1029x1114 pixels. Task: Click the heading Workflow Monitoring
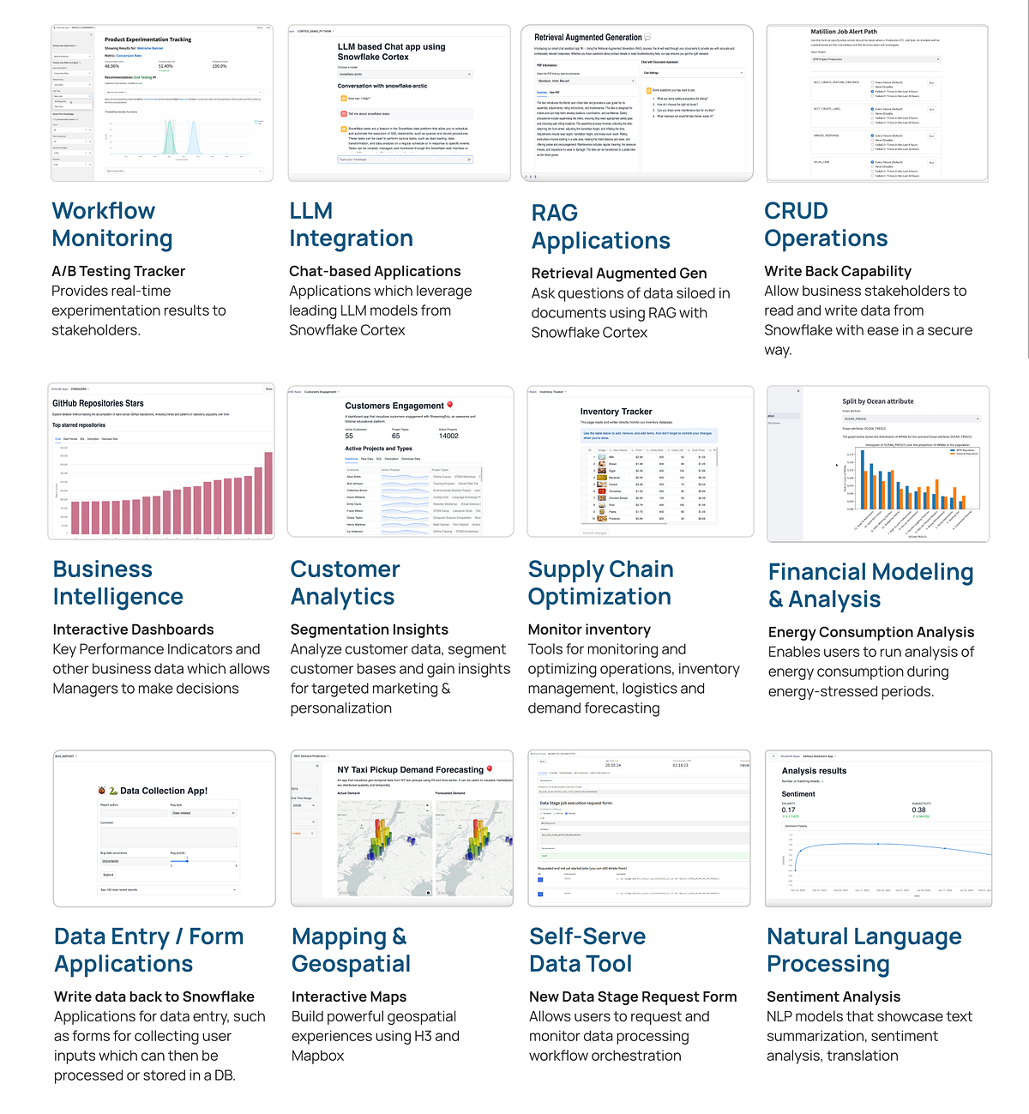[111, 225]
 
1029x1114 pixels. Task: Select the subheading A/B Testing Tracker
[118, 271]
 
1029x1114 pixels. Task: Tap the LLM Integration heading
[351, 225]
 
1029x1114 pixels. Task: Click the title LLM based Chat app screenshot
[391, 51]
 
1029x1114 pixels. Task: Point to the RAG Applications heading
[600, 227]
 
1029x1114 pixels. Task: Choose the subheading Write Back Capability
[838, 271]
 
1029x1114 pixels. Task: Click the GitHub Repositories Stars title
[98, 403]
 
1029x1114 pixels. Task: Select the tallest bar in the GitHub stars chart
[268, 493]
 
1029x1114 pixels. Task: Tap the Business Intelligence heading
[117, 583]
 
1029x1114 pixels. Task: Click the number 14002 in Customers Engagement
[448, 436]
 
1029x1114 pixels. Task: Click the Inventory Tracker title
[616, 412]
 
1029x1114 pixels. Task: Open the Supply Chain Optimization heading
[600, 583]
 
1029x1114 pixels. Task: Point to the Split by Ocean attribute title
[877, 401]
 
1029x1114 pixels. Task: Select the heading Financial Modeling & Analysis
[870, 585]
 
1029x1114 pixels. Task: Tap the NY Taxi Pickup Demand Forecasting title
[410, 770]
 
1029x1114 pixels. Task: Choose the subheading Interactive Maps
[349, 997]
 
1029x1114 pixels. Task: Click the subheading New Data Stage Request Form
[633, 997]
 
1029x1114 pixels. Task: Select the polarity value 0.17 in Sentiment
[788, 810]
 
